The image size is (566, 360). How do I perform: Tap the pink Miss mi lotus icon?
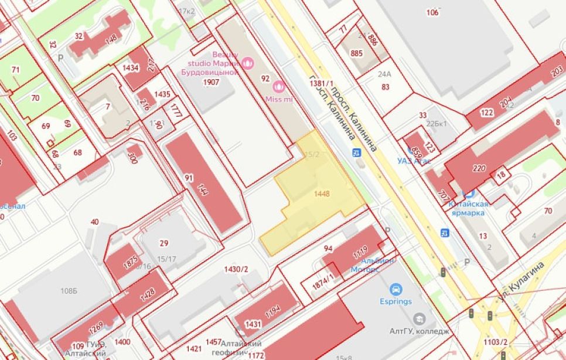(279, 87)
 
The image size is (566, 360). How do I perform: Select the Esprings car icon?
(396, 289)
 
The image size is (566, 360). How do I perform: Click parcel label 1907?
(211, 82)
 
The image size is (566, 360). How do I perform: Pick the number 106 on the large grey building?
(432, 12)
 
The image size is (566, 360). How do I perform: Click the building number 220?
(479, 169)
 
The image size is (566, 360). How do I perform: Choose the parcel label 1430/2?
(237, 269)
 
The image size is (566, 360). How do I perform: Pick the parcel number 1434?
(130, 68)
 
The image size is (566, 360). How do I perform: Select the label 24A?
(384, 74)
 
